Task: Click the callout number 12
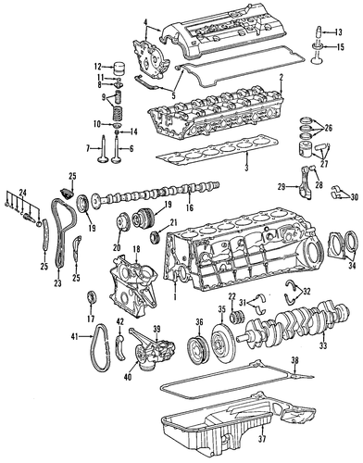pos(98,67)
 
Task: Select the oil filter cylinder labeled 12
pos(119,69)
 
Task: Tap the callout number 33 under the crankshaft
pos(323,345)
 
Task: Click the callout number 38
pos(294,360)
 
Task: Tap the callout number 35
pos(222,309)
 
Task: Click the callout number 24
pos(22,194)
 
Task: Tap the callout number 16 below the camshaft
pos(190,207)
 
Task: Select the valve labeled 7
pos(102,149)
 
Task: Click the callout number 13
pos(338,31)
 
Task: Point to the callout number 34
pos(352,264)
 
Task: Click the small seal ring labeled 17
pos(92,298)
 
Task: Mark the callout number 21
pos(174,221)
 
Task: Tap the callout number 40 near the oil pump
pos(128,376)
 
